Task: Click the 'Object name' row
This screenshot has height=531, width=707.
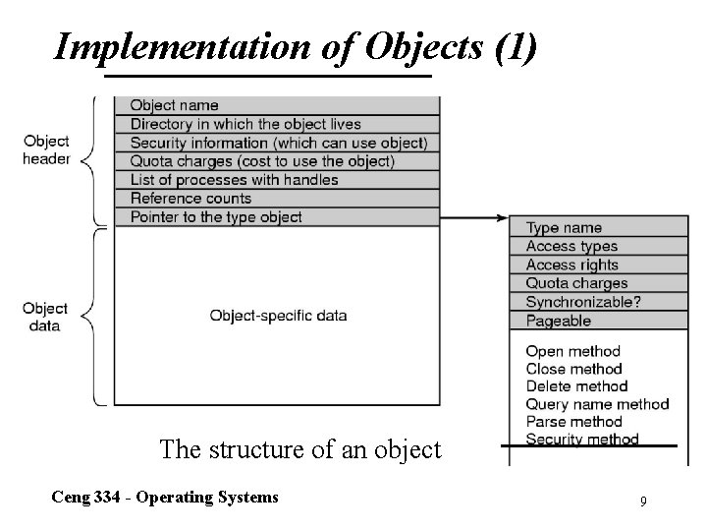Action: pyautogui.click(x=276, y=105)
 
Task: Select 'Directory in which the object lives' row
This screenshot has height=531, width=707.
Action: pyautogui.click(x=276, y=124)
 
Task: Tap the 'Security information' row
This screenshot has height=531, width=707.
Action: pyautogui.click(x=276, y=143)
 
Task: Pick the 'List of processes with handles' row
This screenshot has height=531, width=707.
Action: pyautogui.click(x=276, y=180)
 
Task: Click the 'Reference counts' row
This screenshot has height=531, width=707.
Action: pyautogui.click(x=276, y=199)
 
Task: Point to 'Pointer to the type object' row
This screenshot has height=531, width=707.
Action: pyautogui.click(x=276, y=216)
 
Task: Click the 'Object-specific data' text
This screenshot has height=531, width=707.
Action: pyautogui.click(x=278, y=316)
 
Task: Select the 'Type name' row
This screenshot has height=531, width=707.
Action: pyautogui.click(x=599, y=228)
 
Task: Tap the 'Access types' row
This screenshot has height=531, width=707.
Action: pyautogui.click(x=599, y=247)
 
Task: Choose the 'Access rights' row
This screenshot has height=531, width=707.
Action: pyautogui.click(x=599, y=265)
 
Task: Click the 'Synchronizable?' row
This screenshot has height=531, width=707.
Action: pyautogui.click(x=599, y=302)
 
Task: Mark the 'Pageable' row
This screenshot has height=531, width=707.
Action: pyautogui.click(x=599, y=321)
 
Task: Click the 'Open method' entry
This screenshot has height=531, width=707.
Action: pyautogui.click(x=573, y=351)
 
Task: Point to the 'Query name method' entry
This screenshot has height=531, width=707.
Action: pyautogui.click(x=597, y=404)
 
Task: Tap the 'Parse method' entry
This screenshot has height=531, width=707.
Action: pyautogui.click(x=573, y=422)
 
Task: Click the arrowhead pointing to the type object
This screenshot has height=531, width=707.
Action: pyautogui.click(x=504, y=217)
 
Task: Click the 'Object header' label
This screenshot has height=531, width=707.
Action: pyautogui.click(x=46, y=148)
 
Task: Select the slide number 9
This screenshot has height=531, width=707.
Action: pyautogui.click(x=643, y=502)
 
